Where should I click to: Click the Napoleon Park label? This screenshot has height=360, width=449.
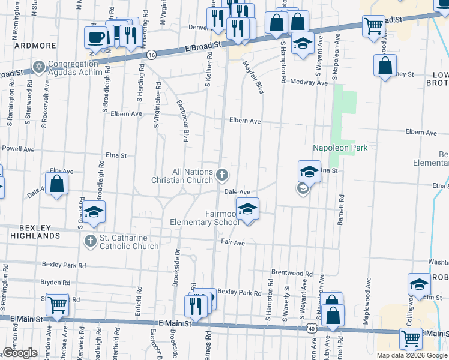[340, 148]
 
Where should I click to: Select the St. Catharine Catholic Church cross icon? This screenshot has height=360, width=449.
[90, 242]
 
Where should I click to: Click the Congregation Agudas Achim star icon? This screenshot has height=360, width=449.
[40, 66]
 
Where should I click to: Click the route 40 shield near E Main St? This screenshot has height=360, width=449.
[310, 328]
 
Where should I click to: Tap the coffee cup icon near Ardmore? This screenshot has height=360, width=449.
[95, 38]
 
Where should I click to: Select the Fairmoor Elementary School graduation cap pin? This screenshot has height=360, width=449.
[247, 210]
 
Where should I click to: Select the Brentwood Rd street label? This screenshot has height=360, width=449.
[292, 272]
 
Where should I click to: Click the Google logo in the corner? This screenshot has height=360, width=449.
[20, 353]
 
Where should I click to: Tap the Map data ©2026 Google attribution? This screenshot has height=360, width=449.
[412, 355]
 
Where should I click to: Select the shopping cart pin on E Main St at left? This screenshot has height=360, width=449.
[58, 305]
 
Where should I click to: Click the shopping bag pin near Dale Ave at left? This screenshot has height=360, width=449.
[56, 185]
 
